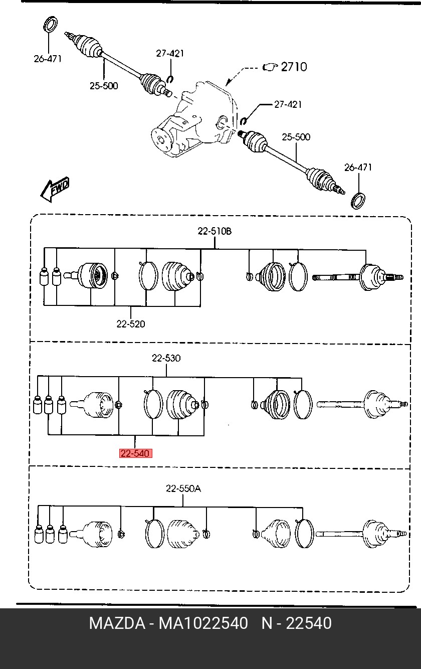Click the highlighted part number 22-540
(136, 453)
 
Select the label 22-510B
(215, 231)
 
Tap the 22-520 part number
(130, 324)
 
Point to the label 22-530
(166, 358)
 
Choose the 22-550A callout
(183, 488)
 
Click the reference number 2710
(294, 67)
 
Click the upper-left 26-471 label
(48, 59)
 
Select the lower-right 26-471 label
(358, 168)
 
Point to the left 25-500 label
(104, 86)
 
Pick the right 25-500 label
(296, 137)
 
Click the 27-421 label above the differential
(170, 54)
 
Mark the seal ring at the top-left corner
(51, 24)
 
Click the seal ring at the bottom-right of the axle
(358, 201)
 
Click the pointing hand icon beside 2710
(270, 67)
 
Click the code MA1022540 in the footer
(203, 623)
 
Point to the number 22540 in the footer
(309, 623)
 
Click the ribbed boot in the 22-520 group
(177, 276)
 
